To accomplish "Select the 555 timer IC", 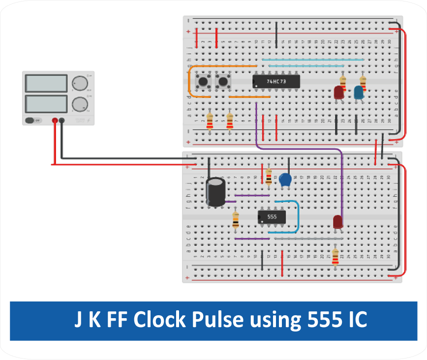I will [x=272, y=216].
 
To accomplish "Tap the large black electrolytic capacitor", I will [x=215, y=192].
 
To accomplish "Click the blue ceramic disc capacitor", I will [x=285, y=180].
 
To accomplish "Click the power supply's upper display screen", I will [x=45, y=84].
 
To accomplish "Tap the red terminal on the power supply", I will [x=54, y=120].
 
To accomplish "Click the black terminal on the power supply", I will [x=62, y=120].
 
